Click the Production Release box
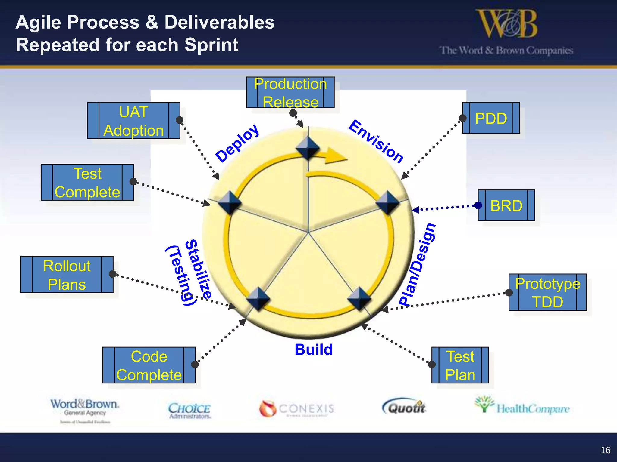pos(290,93)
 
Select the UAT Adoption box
pos(133,121)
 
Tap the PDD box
pos(491,118)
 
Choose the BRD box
pos(506,206)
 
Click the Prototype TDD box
pos(547,292)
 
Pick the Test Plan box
pos(460,365)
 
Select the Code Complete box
pos(149,365)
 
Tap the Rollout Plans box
pos(67,275)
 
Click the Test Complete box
pos(87,183)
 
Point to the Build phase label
pos(314,350)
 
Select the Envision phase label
pos(376,141)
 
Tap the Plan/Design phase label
pos(417,265)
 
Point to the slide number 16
pos(605,450)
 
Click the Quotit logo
pos(405,407)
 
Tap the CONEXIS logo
pos(297,408)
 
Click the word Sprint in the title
pos(211,45)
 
